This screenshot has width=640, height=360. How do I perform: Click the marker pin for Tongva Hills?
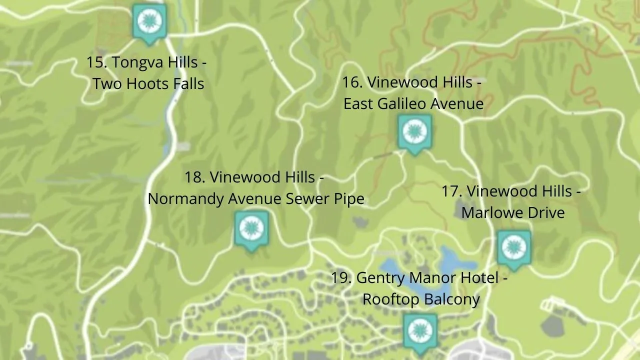click(149, 22)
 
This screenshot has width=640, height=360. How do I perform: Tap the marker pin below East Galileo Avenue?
click(414, 132)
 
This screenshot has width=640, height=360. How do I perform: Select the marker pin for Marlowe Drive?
click(513, 247)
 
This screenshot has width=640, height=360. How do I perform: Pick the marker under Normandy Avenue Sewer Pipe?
click(251, 229)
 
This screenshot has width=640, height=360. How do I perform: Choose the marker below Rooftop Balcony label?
click(420, 331)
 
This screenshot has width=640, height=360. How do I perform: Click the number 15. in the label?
click(96, 63)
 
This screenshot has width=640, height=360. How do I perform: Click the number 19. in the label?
click(341, 277)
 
